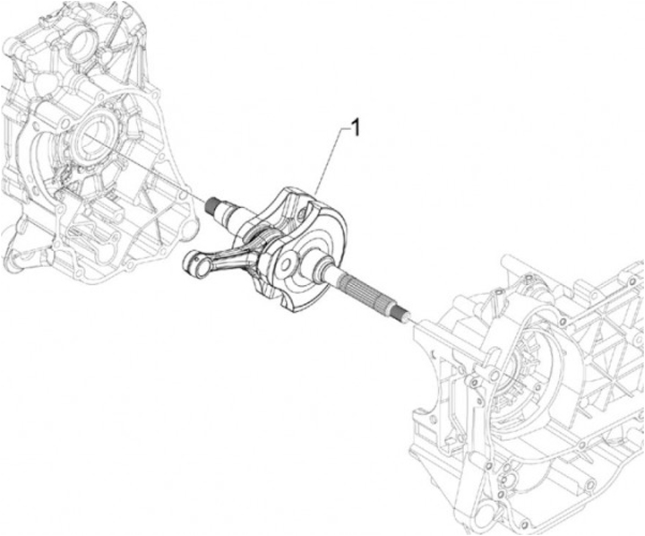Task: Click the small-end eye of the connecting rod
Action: [x=193, y=261]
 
